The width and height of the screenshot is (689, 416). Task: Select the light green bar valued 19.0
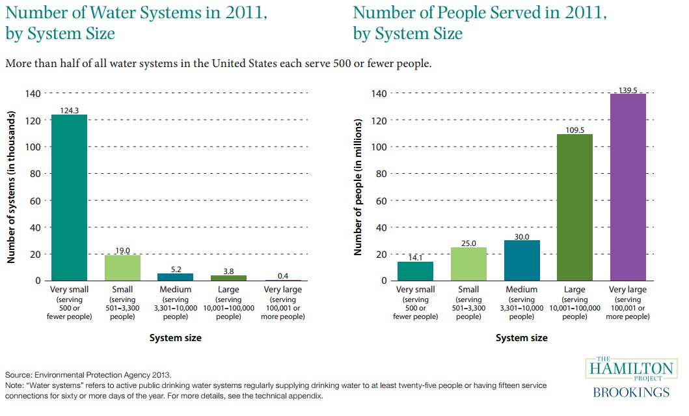point(122,268)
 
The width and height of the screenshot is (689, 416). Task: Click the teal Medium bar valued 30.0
point(521,260)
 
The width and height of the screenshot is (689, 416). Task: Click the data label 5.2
point(176,268)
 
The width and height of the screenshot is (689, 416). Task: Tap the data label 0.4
point(282,275)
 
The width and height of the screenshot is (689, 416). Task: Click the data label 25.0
point(468,242)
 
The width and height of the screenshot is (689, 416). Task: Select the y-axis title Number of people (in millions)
point(357,187)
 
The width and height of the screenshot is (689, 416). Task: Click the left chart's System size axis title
point(176,338)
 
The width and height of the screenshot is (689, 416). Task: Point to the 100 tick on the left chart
point(33,147)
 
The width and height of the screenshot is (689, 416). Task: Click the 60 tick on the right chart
point(379,201)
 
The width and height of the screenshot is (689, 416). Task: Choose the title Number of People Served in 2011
point(480,12)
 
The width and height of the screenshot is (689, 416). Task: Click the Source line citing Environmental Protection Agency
point(88,375)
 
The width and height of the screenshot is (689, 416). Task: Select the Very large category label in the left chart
point(282,289)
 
